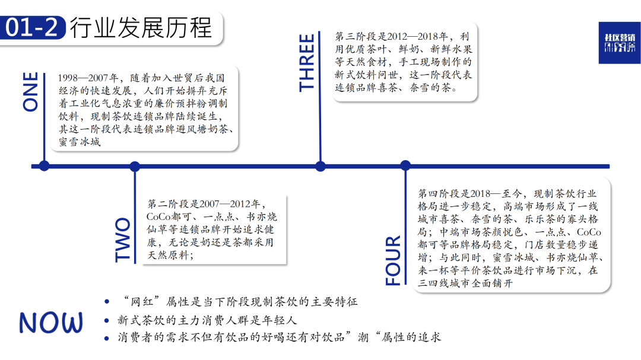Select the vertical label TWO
pyautogui.click(x=122, y=240)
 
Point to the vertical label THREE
pyautogui.click(x=307, y=62)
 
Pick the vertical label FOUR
pyautogui.click(x=394, y=262)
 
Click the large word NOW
pyautogui.click(x=51, y=323)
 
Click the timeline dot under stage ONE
pyautogui.click(x=44, y=166)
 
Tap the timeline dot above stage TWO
pyautogui.click(x=135, y=166)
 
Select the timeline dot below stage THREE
pyautogui.click(x=320, y=166)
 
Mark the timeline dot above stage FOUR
pyautogui.click(x=405, y=166)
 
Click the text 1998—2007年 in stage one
pyautogui.click(x=90, y=78)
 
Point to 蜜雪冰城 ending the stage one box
pyautogui.click(x=80, y=142)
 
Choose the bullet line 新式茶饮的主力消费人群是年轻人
pyautogui.click(x=207, y=320)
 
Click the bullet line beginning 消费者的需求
pyautogui.click(x=280, y=338)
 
